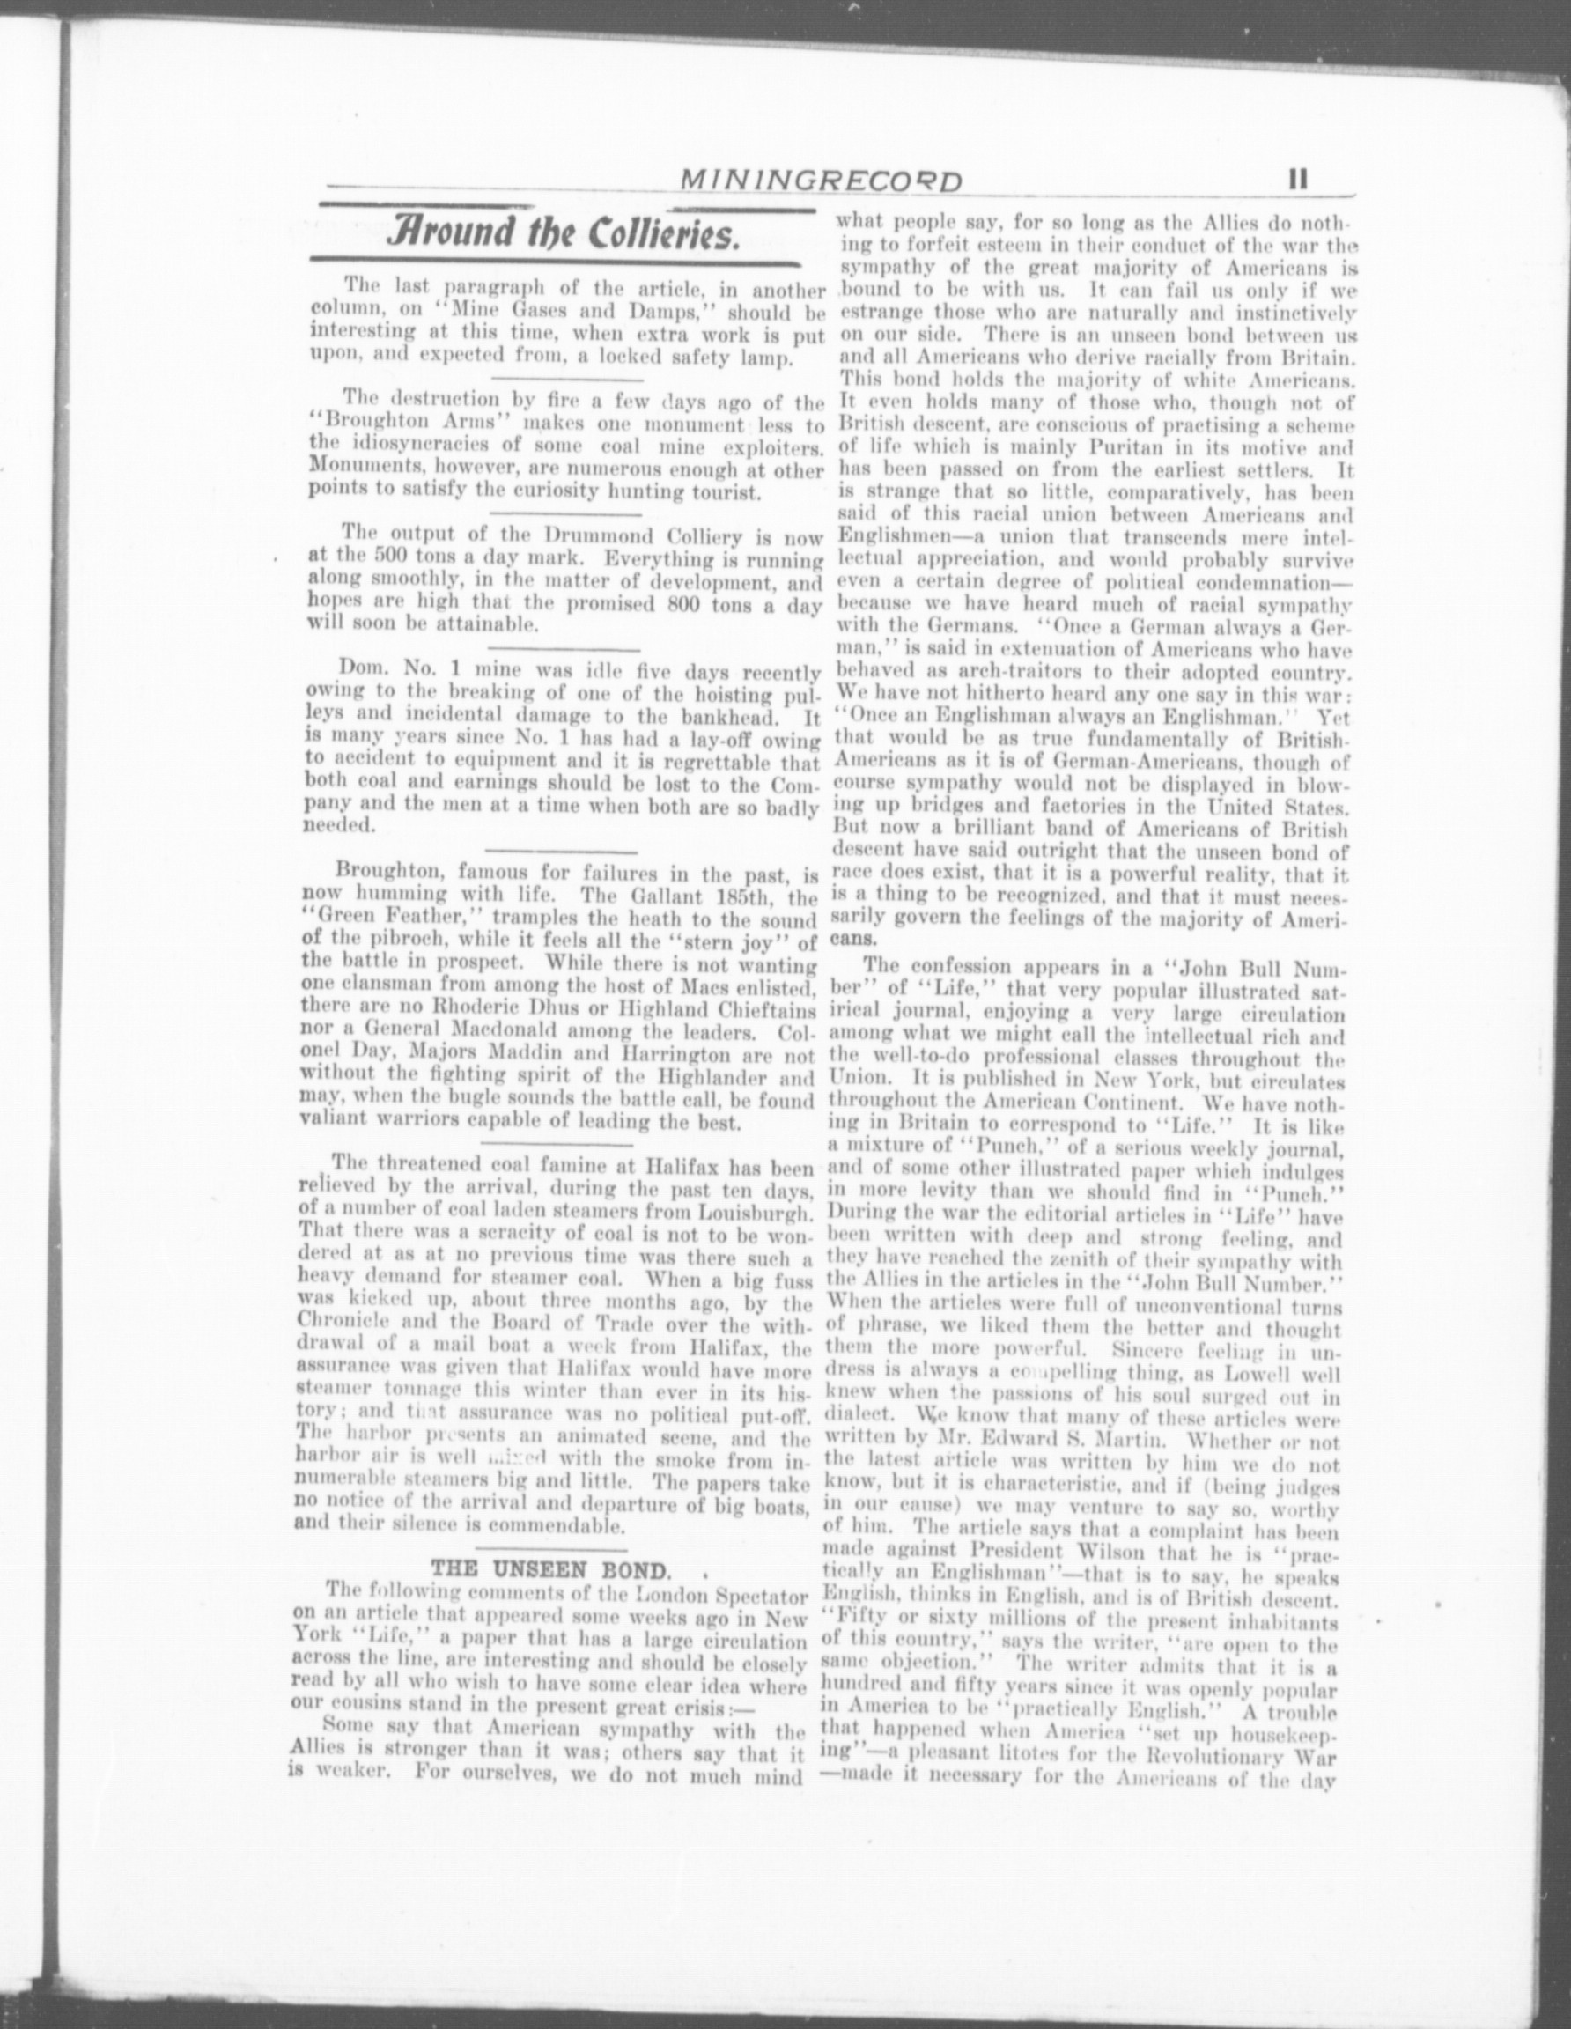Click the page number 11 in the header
point(1298,181)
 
